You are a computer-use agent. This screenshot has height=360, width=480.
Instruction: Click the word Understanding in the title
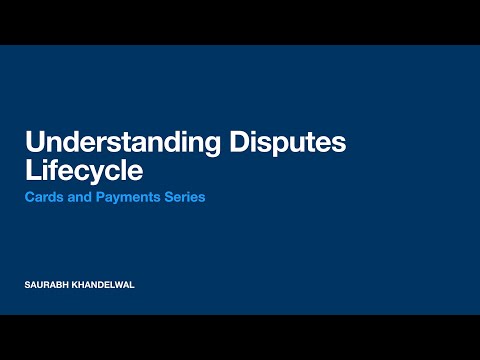[125, 143]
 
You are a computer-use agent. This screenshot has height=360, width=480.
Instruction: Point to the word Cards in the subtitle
[42, 197]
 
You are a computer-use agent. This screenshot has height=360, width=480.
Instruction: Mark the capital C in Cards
[28, 197]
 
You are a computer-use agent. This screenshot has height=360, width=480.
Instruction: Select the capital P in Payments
[96, 197]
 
